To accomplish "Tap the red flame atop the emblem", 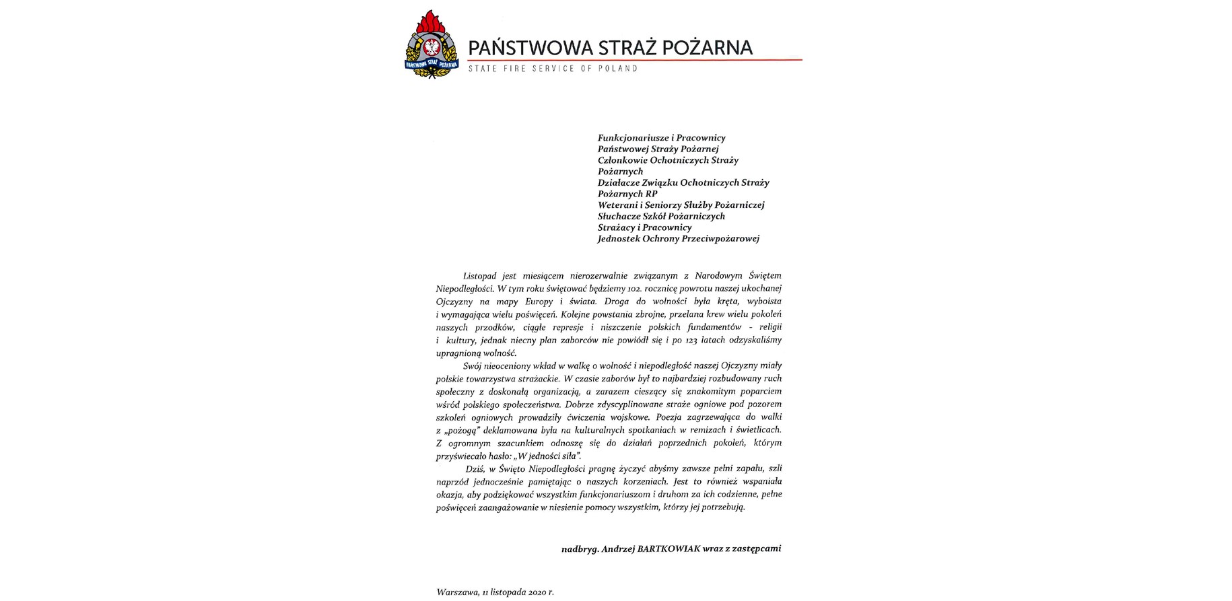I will click(x=431, y=22).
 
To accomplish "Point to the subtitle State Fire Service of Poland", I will click(x=553, y=69).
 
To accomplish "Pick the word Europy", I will click(x=538, y=302).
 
